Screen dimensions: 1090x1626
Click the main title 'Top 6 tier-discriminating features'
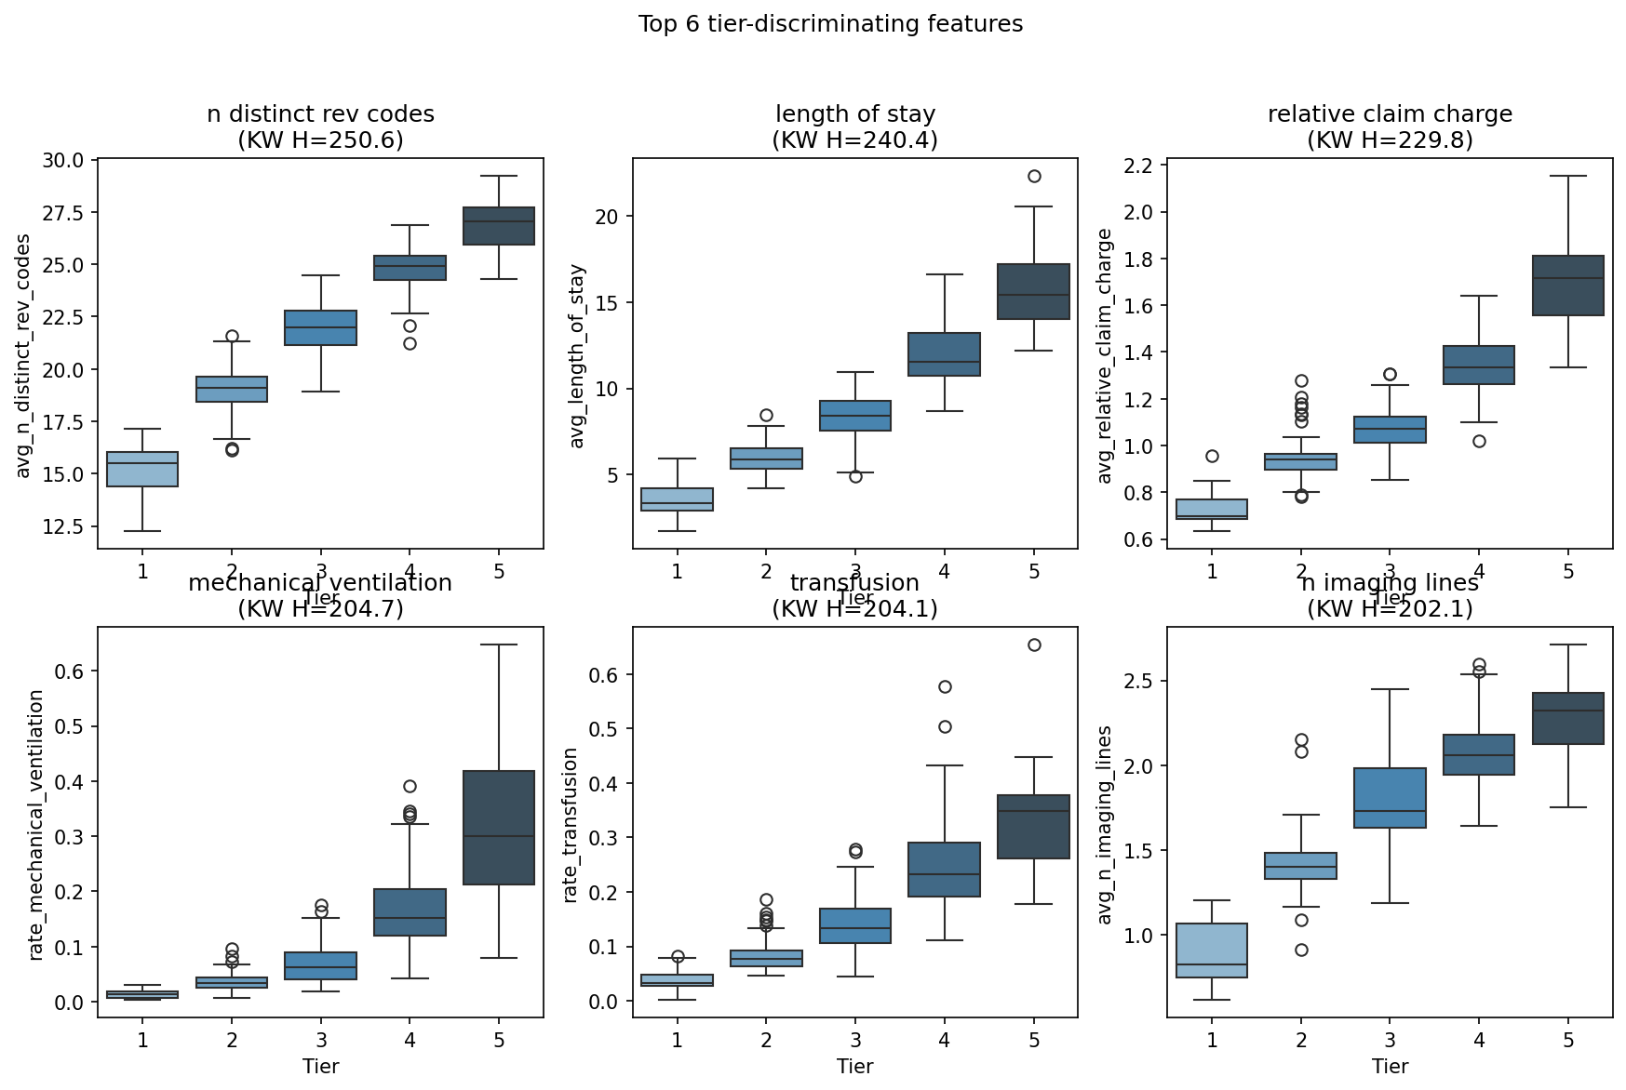pos(830,24)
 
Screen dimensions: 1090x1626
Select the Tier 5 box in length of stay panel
pos(1034,292)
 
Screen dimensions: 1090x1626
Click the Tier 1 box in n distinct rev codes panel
pos(142,469)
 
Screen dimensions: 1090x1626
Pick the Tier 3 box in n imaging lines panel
pos(1390,798)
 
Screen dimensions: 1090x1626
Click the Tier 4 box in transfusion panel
pos(945,870)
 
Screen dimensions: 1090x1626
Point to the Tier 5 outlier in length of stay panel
pos(1034,177)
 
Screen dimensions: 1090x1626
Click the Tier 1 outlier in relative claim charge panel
pos(1212,456)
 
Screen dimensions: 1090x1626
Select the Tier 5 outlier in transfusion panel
pos(1034,645)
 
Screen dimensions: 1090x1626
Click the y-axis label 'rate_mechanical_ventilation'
pos(36,825)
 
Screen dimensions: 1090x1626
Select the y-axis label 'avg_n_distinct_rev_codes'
pos(24,356)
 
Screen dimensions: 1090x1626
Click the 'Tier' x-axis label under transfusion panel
pos(854,1067)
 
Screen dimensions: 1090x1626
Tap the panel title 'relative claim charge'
pos(1390,114)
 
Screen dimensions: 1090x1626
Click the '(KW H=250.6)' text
pos(320,140)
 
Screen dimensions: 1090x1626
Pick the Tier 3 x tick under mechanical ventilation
pos(321,1040)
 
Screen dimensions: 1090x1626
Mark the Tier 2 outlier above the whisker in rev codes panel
pos(232,336)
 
